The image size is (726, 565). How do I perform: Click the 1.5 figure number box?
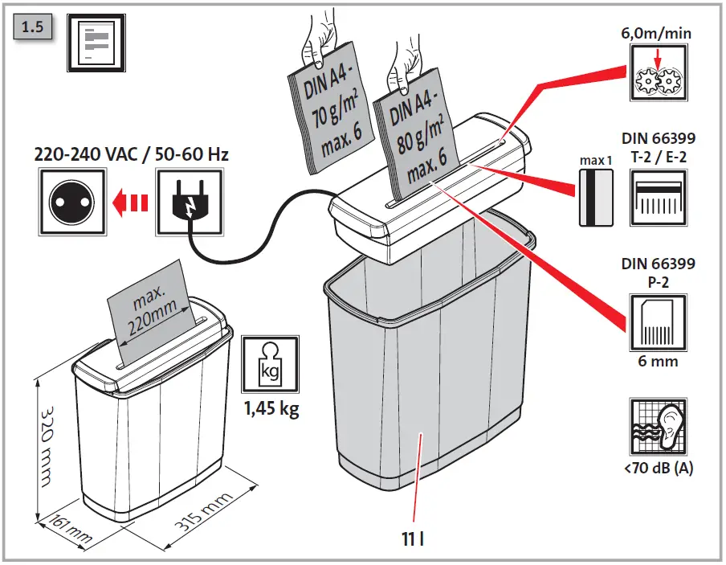tap(32, 27)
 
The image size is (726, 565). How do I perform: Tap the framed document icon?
tap(96, 43)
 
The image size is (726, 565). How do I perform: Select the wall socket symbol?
tap(72, 202)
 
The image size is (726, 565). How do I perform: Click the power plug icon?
tap(190, 202)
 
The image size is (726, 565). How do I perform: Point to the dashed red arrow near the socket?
tap(130, 202)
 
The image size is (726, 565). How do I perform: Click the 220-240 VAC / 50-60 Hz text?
tap(132, 154)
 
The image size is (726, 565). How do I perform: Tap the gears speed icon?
tap(659, 72)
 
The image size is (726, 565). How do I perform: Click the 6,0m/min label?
tap(656, 34)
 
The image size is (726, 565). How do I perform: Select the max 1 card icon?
tap(596, 198)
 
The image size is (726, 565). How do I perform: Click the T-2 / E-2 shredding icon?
tap(659, 198)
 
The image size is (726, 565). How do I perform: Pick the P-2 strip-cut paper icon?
tap(659, 322)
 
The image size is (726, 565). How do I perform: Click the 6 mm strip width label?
tap(658, 361)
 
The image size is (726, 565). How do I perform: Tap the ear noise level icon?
tap(659, 427)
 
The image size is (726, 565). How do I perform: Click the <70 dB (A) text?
tap(659, 468)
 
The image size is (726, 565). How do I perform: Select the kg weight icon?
tap(271, 364)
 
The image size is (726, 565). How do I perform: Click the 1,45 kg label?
tap(271, 408)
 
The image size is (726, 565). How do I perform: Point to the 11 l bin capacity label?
tap(413, 539)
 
